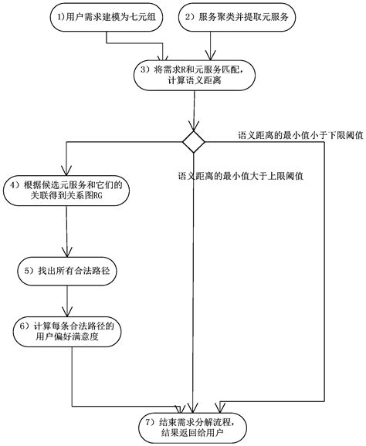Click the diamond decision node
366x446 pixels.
(x=193, y=142)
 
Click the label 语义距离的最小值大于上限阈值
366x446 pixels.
(x=239, y=175)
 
